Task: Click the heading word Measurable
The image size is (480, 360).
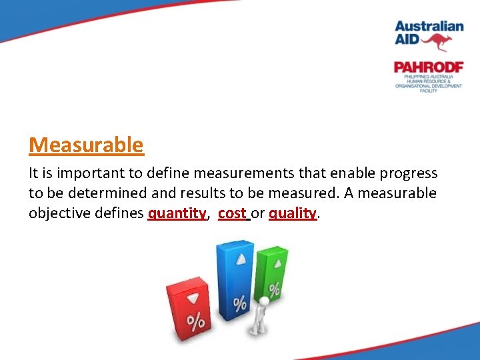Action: point(86,145)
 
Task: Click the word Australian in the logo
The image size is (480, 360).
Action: point(429,26)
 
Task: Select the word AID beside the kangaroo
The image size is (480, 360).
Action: point(409,40)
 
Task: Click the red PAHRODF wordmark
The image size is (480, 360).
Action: point(428,67)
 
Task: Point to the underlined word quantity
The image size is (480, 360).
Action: point(177,213)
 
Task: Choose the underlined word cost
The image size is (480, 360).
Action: point(232,213)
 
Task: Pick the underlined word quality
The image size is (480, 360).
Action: point(293,213)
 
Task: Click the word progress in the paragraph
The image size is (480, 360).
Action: point(409,173)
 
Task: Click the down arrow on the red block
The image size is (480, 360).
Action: point(193,298)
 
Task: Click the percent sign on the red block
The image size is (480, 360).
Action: point(195,322)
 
